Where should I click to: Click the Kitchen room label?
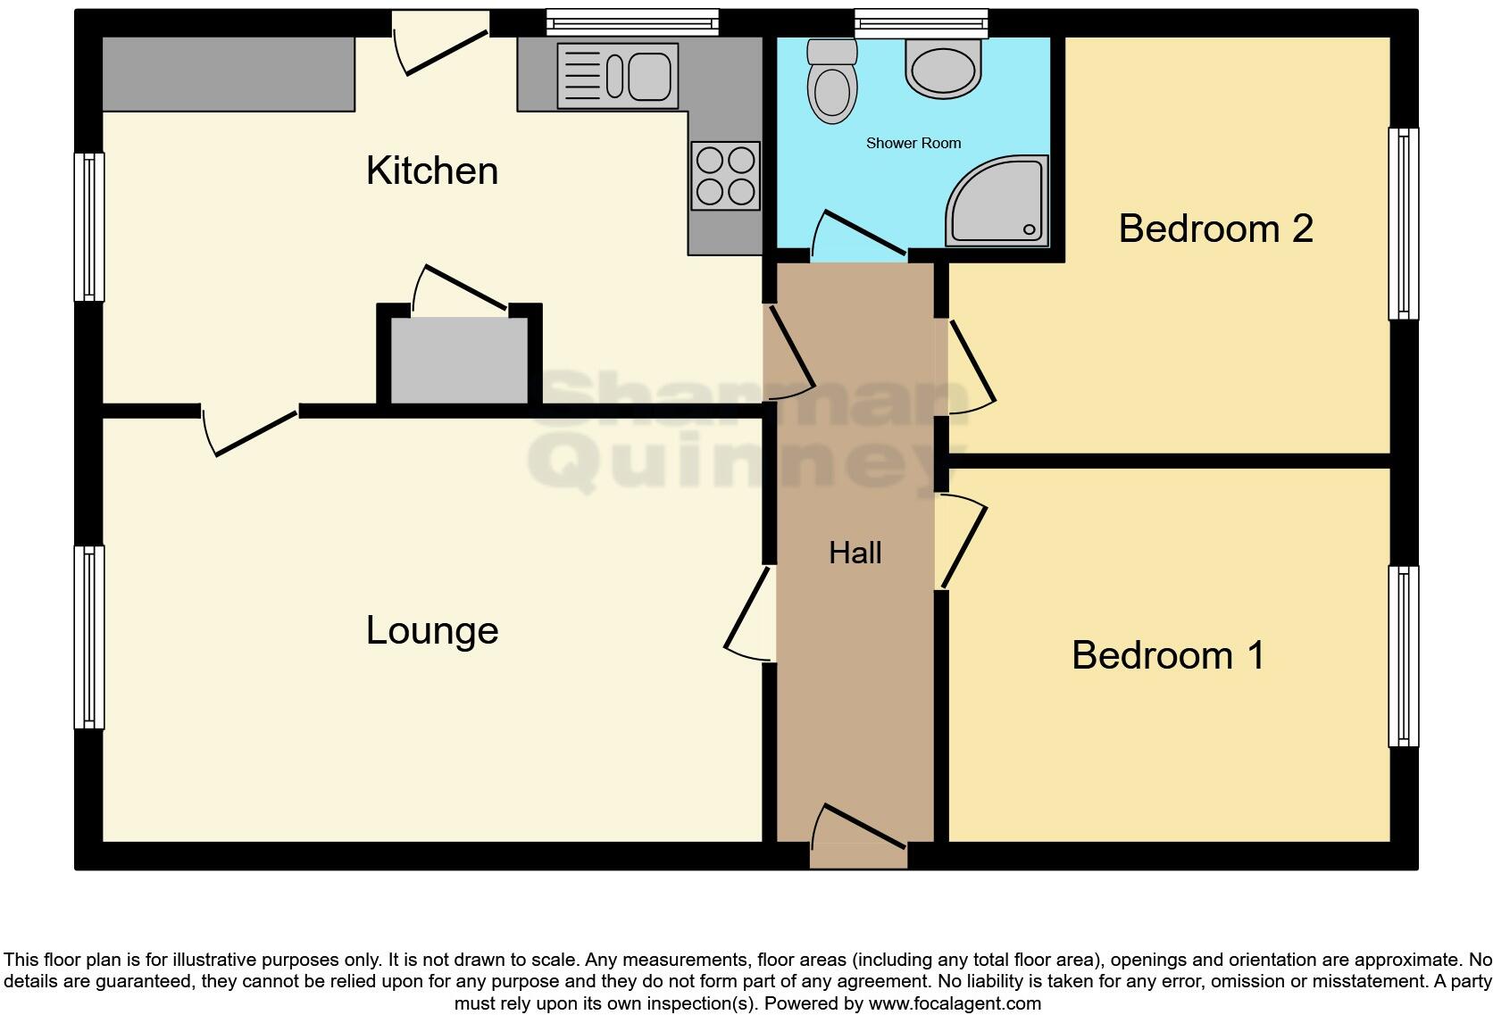(431, 171)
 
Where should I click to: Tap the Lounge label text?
(431, 630)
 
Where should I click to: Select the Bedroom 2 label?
(1215, 229)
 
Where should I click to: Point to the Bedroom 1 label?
(1168, 655)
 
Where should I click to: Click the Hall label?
(855, 553)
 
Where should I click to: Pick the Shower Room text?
(913, 143)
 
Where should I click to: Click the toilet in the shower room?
(831, 85)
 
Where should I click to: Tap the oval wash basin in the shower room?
(943, 68)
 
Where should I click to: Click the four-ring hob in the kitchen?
(725, 176)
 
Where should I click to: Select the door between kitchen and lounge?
(250, 430)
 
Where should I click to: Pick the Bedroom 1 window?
(1403, 655)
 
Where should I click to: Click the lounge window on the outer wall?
(89, 636)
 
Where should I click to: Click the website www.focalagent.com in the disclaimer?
(954, 1003)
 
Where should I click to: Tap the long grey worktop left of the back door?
(229, 74)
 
